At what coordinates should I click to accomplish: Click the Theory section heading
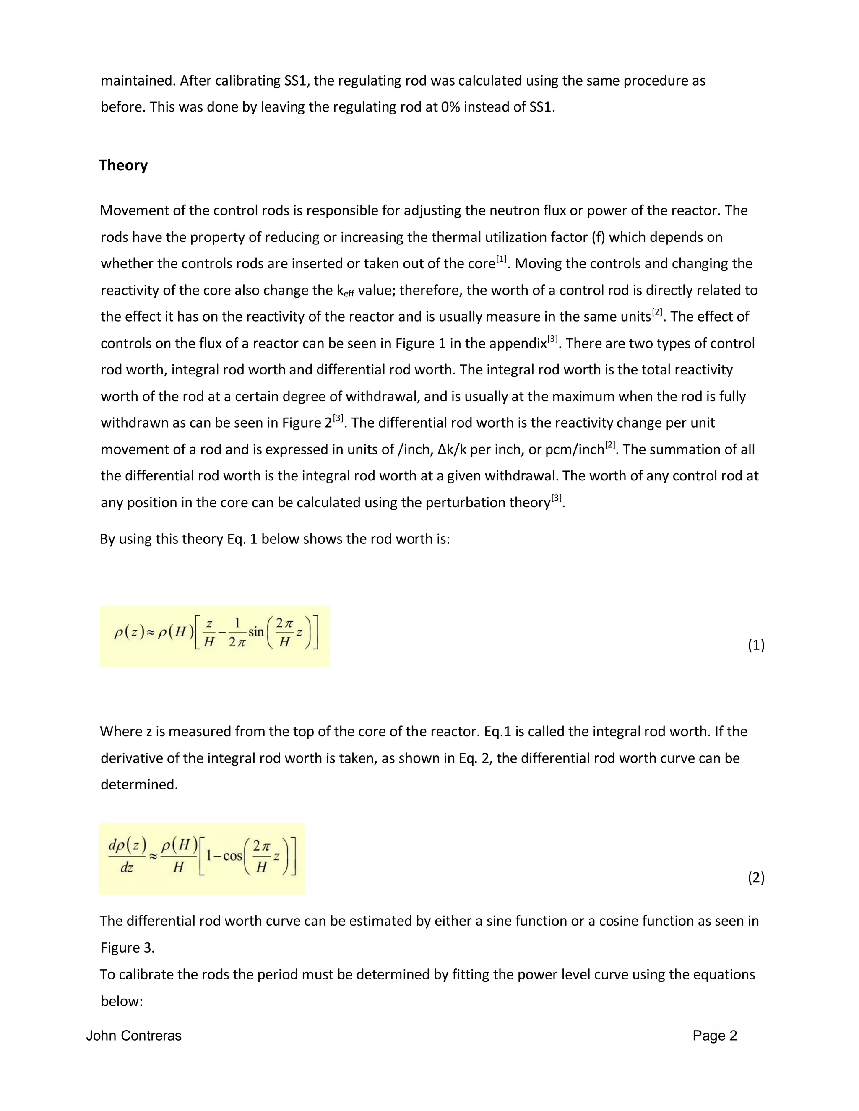123,165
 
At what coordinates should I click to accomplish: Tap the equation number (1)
756,645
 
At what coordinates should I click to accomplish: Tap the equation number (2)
756,877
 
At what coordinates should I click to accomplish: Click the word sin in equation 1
256,632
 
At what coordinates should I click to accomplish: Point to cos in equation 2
232,856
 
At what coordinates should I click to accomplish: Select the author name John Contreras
134,1036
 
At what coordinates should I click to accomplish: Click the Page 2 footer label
714,1036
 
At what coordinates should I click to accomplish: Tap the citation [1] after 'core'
502,260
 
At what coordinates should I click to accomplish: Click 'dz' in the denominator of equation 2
127,867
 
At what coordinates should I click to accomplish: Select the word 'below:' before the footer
122,1001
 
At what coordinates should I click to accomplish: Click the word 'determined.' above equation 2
139,784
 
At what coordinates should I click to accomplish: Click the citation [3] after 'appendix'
553,339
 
